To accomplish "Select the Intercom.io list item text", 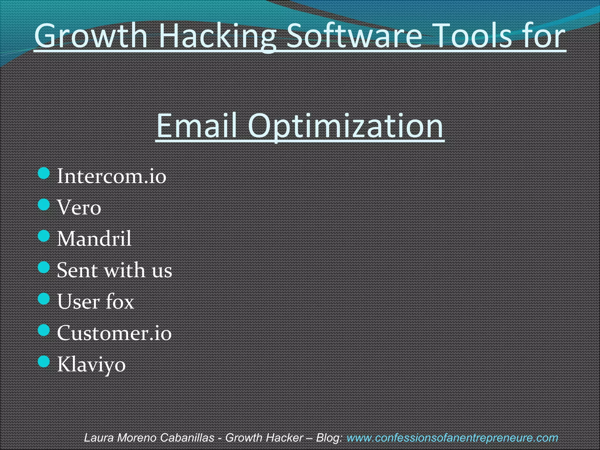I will [x=111, y=176].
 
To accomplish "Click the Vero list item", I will [x=79, y=207].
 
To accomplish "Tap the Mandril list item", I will [x=94, y=238].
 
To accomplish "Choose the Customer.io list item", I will [x=114, y=333].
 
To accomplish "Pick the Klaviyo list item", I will [x=91, y=365].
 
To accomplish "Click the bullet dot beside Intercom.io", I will [x=44, y=173].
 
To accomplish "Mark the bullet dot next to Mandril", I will [x=44, y=236].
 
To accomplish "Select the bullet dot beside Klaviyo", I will [x=44, y=362].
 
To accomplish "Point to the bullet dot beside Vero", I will [x=44, y=204].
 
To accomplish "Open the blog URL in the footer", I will [x=452, y=438].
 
